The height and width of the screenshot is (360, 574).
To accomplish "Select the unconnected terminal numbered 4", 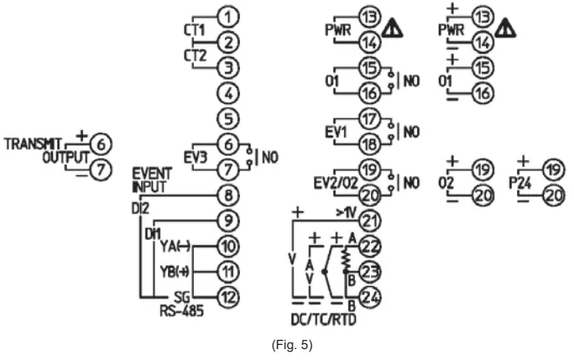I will click(227, 92).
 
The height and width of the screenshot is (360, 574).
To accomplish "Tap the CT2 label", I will click(194, 55).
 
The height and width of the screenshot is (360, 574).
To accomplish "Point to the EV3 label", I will click(195, 157).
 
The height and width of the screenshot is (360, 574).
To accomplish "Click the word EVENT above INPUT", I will click(151, 174).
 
